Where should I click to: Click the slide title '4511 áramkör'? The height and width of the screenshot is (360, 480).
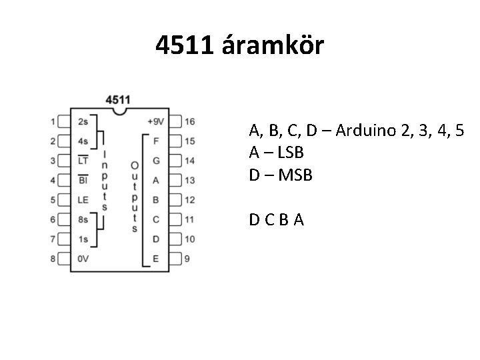[x=239, y=46]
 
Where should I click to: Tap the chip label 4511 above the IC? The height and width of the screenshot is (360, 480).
[x=118, y=99]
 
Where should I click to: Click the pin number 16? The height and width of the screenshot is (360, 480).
[x=190, y=122]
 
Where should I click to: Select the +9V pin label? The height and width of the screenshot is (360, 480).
[x=155, y=122]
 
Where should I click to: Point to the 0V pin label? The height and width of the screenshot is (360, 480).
[x=83, y=259]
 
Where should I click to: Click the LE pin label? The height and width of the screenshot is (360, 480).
[x=83, y=199]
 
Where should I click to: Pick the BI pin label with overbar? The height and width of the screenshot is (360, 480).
[x=83, y=180]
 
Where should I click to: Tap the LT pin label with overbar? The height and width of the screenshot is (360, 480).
[x=83, y=161]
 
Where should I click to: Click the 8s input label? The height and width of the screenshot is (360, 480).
[x=83, y=219]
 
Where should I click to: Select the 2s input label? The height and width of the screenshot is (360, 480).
[x=83, y=122]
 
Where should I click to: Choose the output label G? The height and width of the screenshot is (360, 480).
[x=156, y=161]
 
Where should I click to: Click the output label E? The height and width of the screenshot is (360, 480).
[x=156, y=259]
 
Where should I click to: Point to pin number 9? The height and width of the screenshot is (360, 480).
[x=187, y=259]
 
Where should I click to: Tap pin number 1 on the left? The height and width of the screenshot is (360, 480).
[x=53, y=122]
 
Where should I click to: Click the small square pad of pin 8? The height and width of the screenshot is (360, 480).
[x=65, y=259]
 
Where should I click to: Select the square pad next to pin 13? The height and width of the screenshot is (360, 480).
[x=175, y=180]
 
